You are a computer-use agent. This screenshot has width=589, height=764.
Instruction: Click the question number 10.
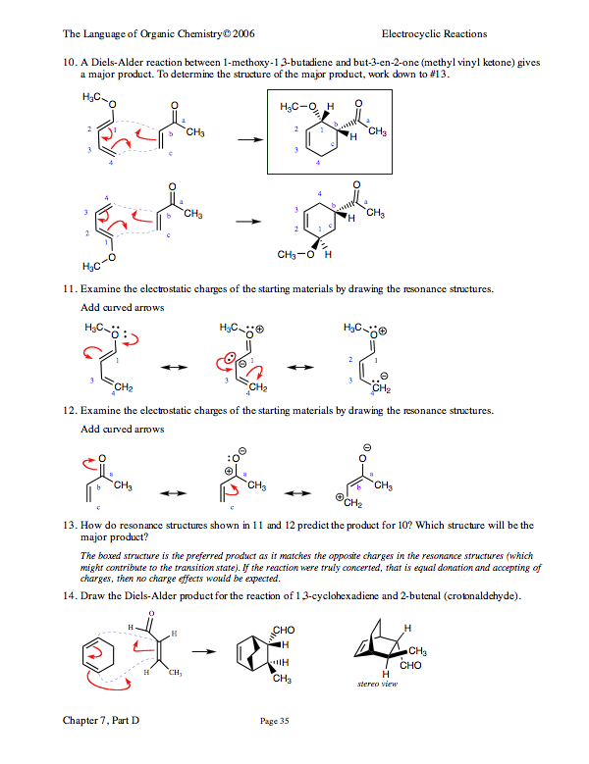click(x=69, y=62)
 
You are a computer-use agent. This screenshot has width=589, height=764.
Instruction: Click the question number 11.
click(x=69, y=290)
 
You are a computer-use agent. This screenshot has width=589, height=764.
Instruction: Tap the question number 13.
click(x=69, y=525)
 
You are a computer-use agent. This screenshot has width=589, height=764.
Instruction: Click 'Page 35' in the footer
click(x=274, y=722)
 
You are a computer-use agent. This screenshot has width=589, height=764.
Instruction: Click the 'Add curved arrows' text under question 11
click(x=121, y=307)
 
